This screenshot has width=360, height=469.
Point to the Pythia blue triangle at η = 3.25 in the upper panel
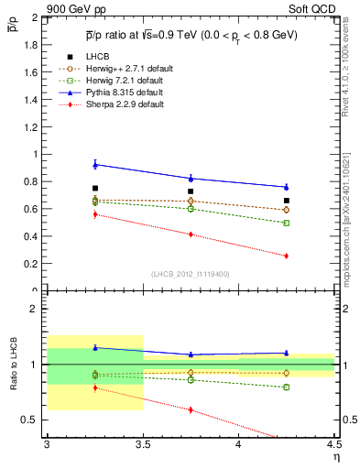(95, 164)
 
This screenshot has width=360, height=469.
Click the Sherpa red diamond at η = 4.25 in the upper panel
(287, 256)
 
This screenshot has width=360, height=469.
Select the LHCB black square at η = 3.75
(191, 191)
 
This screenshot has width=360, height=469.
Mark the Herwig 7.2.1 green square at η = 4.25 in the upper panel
(287, 223)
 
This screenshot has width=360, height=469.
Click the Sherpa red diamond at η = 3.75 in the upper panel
(191, 234)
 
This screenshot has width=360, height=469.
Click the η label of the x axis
(335, 457)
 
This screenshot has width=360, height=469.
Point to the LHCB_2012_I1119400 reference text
(191, 274)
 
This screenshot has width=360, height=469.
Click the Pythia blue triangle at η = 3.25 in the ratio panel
(95, 347)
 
